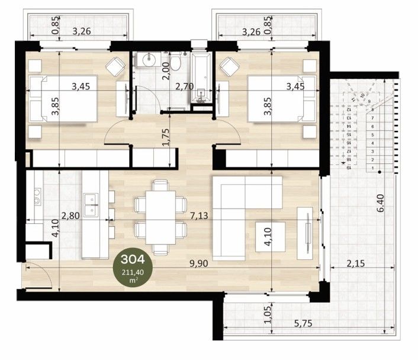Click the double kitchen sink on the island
91,202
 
